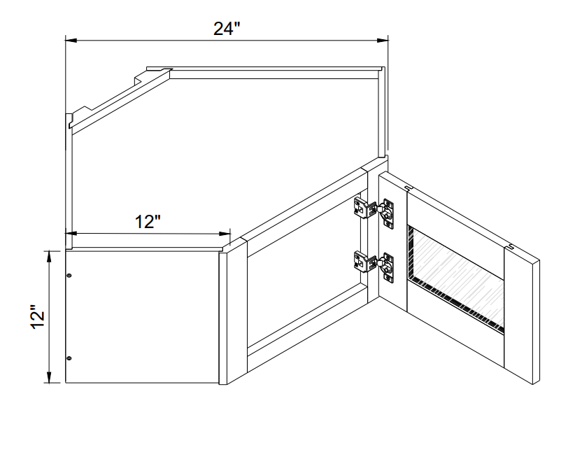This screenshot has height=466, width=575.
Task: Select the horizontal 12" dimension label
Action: (x=148, y=222)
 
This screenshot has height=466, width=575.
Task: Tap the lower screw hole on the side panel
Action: (x=69, y=359)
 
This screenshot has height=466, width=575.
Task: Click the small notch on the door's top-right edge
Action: (x=512, y=246)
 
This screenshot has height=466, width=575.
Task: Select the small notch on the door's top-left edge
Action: (x=409, y=187)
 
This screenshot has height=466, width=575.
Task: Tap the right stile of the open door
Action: (x=521, y=315)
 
